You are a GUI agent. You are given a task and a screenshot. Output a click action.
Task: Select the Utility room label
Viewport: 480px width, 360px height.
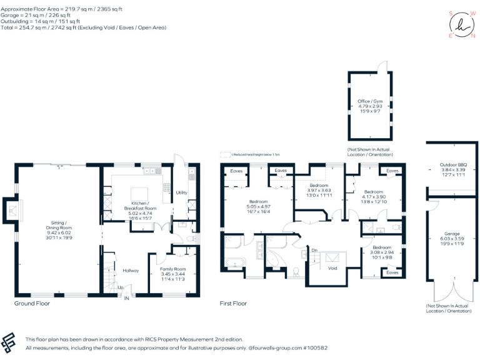[x=182, y=192]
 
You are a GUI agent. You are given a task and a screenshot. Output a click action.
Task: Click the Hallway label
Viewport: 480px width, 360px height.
[x=131, y=271]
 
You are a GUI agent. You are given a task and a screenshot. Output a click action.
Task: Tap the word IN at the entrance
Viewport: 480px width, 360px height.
[x=127, y=299]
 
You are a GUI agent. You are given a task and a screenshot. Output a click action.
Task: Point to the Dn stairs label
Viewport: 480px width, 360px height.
[x=314, y=251]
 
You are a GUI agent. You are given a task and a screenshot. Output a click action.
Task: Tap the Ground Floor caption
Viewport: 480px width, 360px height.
[x=32, y=304]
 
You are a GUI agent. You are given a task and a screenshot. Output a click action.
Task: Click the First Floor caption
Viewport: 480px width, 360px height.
[x=233, y=304]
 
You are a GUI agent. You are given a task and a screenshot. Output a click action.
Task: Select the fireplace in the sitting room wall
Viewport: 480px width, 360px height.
[x=10, y=211]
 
